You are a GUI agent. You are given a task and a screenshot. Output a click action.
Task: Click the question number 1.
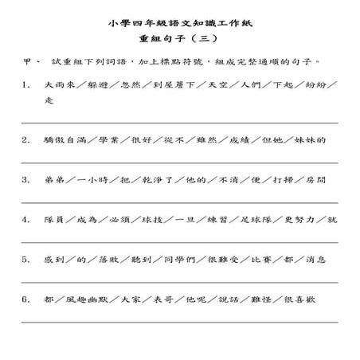pyautogui.click(x=25, y=84)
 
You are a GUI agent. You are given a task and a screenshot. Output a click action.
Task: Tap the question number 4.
pyautogui.click(x=25, y=219)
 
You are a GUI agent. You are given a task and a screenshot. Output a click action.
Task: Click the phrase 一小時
pyautogui.click(x=96, y=179)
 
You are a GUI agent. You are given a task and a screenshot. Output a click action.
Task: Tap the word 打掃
pyautogui.click(x=274, y=179)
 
